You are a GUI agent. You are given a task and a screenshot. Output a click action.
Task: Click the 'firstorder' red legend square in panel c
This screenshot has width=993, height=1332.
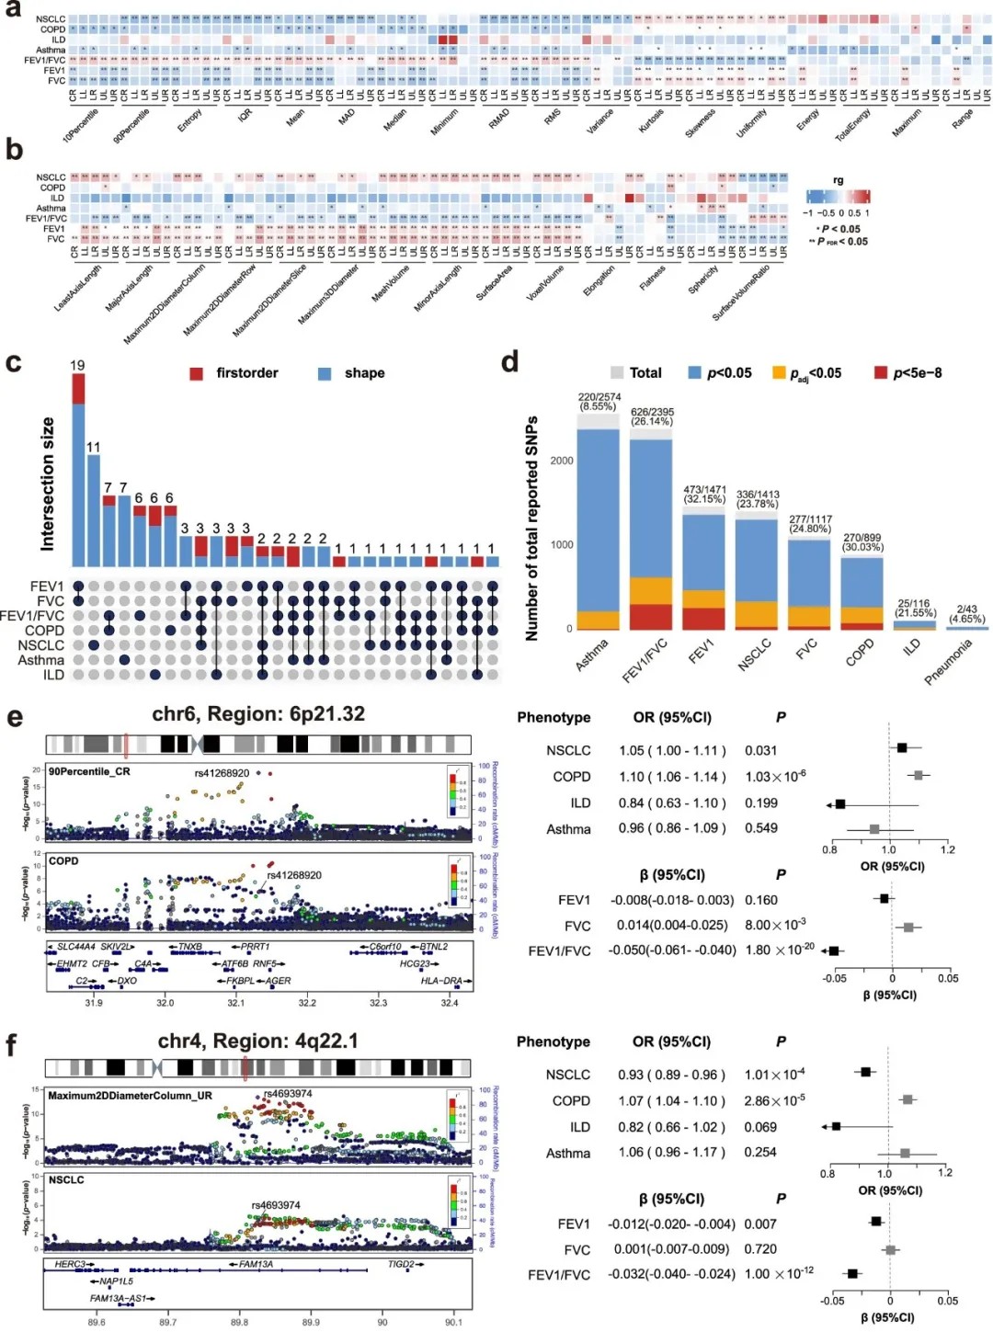[x=197, y=373]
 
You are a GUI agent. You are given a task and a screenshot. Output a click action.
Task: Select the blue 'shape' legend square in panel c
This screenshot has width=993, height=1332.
[x=325, y=373]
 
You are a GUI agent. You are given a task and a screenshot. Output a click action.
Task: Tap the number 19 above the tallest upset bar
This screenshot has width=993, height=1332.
[x=77, y=366]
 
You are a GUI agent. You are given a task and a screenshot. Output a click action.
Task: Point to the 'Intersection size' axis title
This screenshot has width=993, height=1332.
[x=48, y=484]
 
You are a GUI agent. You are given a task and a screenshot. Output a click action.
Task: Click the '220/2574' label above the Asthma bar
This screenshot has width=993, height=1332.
[x=599, y=397]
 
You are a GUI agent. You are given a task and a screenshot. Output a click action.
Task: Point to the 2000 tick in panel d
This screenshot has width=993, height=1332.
[x=561, y=461]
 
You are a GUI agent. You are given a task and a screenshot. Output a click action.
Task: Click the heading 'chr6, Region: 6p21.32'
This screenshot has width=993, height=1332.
[x=258, y=714]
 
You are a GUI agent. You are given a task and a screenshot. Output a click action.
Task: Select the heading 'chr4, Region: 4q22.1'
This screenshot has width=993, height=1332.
[x=257, y=1041]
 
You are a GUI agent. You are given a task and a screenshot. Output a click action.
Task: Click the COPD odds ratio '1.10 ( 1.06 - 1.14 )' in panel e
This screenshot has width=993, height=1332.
[x=672, y=777]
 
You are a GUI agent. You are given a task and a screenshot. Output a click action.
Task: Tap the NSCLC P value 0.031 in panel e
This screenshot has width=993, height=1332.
[x=760, y=751]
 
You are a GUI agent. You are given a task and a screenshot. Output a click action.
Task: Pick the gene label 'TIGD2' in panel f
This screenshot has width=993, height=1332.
[x=402, y=1265]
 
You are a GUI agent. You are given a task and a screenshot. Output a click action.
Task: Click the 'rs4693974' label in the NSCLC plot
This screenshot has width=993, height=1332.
[x=276, y=1205]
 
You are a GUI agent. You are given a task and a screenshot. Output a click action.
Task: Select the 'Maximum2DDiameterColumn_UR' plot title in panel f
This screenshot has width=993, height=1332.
[x=130, y=1096]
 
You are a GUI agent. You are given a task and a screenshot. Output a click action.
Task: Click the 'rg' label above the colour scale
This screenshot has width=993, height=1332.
[x=838, y=180]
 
